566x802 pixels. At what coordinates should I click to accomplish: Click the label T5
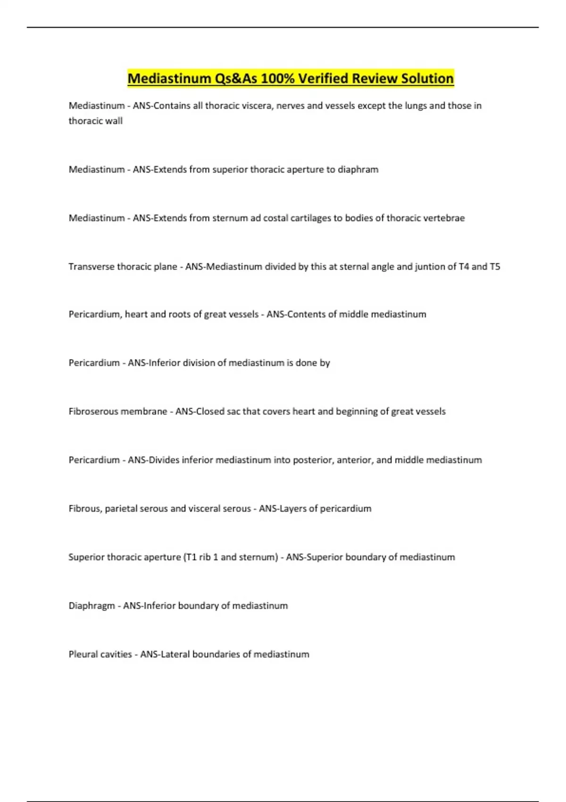[495, 267]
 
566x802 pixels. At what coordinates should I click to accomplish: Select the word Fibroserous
[93, 411]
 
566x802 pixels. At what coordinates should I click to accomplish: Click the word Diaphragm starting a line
[92, 606]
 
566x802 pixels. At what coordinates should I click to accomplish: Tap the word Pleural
[84, 654]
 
